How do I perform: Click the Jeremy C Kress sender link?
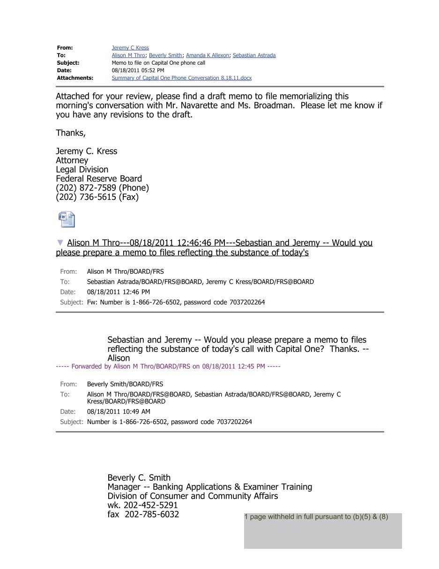click(130, 48)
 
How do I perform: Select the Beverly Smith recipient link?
click(165, 55)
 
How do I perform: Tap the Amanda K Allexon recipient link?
click(208, 55)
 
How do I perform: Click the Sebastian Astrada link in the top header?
click(254, 55)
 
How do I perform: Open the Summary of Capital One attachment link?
click(181, 78)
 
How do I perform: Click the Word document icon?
click(66, 220)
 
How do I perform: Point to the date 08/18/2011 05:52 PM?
click(138, 70)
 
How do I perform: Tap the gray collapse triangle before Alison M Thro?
click(60, 243)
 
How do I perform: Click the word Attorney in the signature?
click(72, 160)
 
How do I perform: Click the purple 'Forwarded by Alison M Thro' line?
click(168, 366)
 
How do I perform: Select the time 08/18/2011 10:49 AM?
click(119, 411)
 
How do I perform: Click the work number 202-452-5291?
click(150, 505)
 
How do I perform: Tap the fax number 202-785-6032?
click(152, 515)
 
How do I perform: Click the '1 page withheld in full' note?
click(316, 517)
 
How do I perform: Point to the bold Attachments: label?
click(75, 78)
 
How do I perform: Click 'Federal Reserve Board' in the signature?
click(99, 179)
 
